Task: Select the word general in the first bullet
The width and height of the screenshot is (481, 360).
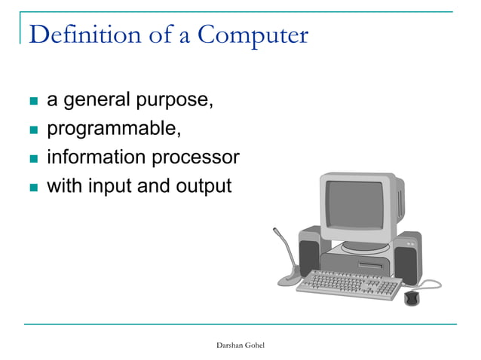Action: pos(95,100)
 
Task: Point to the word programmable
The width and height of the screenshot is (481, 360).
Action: pos(114,130)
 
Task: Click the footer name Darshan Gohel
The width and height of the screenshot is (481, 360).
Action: pos(240,344)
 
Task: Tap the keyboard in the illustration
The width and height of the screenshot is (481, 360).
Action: pos(348,283)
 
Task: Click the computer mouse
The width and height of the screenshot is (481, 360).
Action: pos(411,298)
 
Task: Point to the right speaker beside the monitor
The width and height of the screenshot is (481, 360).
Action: pos(408,256)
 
